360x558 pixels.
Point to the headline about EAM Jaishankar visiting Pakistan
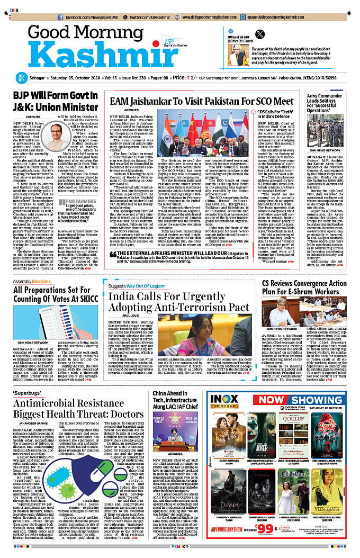[x=202, y=101]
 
